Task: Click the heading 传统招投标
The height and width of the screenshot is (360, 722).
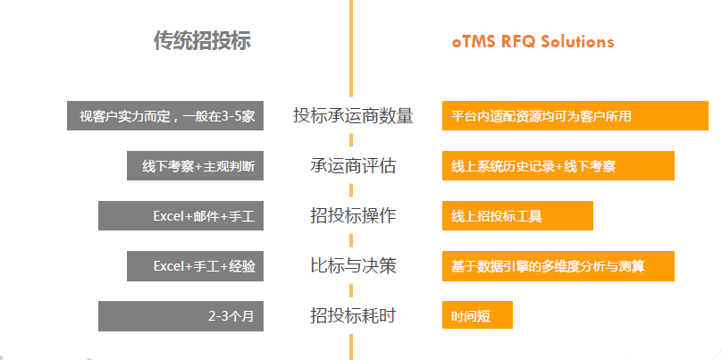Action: click(x=202, y=41)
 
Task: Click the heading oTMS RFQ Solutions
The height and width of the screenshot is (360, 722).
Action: click(x=533, y=41)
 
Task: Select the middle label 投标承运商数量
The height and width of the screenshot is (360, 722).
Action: click(x=353, y=116)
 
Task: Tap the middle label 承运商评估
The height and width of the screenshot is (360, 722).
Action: click(x=353, y=166)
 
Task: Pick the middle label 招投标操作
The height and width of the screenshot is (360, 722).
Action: click(x=353, y=216)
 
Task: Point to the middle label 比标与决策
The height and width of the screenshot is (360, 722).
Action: click(x=353, y=266)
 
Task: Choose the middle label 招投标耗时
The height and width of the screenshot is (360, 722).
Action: click(x=353, y=315)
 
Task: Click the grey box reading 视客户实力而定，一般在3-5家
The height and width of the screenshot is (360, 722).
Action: click(x=165, y=116)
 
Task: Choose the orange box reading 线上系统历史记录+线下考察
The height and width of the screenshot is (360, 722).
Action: click(x=558, y=166)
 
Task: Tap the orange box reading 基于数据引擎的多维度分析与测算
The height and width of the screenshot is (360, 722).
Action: click(x=558, y=266)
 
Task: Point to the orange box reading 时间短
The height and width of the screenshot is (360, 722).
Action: click(x=477, y=315)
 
